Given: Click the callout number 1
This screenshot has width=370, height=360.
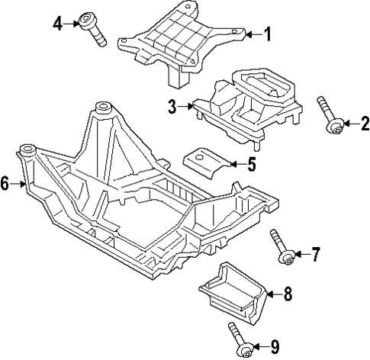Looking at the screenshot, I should pos(267,33).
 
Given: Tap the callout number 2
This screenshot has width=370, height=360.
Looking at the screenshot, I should pos(364,122).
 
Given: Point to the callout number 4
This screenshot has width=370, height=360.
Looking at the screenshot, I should pos(56,24).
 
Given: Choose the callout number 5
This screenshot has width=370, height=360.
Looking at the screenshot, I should pos(252,163).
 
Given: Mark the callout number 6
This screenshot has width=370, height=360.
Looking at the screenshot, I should pos(5,183).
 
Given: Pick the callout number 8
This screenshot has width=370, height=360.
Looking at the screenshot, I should pos(288,293).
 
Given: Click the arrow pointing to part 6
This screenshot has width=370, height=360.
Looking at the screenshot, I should pos(20,183).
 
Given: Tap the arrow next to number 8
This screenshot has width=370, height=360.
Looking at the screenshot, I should pos(272,293).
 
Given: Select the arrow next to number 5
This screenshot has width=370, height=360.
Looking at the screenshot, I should pos(235,163).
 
